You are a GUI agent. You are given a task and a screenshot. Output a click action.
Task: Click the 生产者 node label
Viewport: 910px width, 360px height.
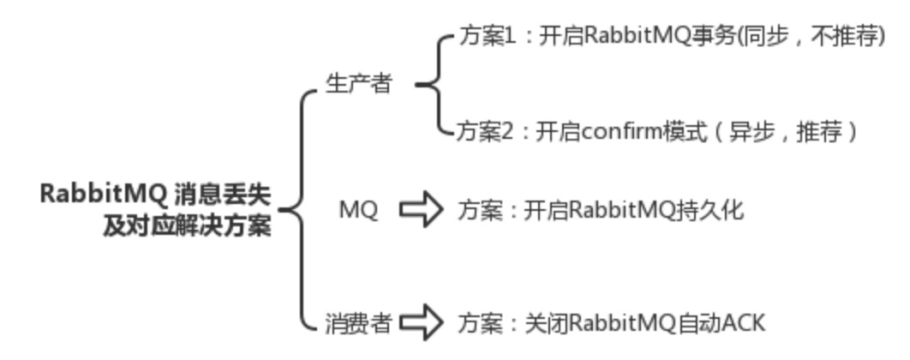point(358,85)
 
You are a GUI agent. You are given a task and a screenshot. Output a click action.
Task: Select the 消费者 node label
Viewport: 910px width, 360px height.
point(358,323)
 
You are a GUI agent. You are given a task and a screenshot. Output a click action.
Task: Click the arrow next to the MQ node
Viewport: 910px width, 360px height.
point(422,210)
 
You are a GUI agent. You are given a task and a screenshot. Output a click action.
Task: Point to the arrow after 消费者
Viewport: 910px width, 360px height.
point(422,323)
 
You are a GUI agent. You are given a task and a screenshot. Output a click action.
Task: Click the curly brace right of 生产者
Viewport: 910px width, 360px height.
point(433,85)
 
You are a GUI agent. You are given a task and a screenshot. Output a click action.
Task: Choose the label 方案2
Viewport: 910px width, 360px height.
point(484,133)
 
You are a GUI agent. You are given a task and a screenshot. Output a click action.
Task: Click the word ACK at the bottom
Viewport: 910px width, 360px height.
point(742,323)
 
